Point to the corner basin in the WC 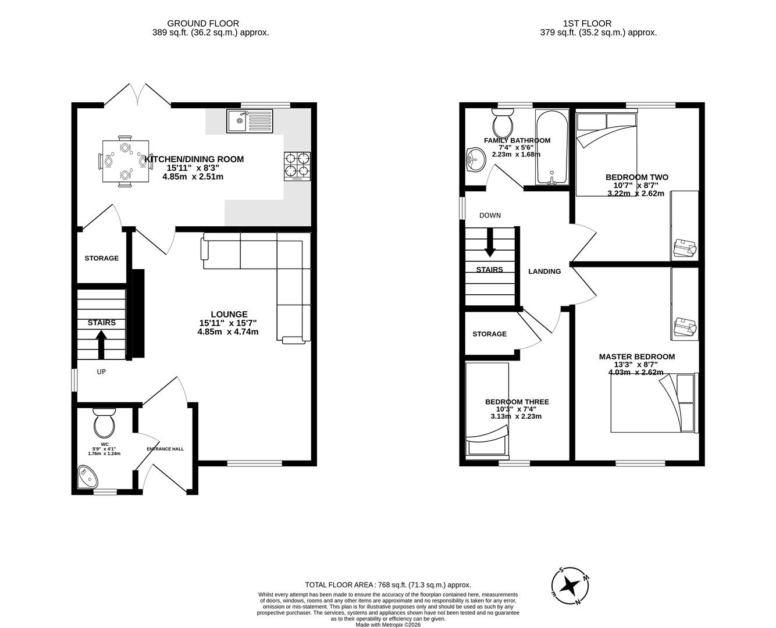[x=88, y=476]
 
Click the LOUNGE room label [x=229, y=314]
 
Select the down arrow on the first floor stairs [x=490, y=242]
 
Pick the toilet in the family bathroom [x=502, y=122]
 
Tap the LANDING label [x=544, y=271]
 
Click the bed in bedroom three [x=487, y=409]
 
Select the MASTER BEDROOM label [x=637, y=356]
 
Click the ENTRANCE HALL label [x=165, y=449]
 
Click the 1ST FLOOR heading [x=587, y=23]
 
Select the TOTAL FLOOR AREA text [x=388, y=585]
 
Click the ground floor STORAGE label [x=102, y=258]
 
